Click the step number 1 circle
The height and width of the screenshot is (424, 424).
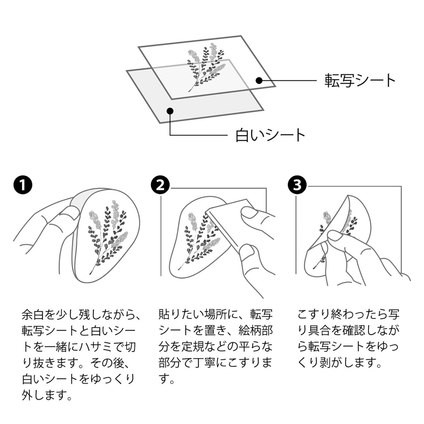pyautogui.click(x=23, y=185)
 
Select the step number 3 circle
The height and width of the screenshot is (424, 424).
pyautogui.click(x=297, y=185)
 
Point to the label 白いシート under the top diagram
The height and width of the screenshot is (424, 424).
pyautogui.click(x=270, y=135)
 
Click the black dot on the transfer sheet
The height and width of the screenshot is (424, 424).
pyautogui.click(x=259, y=81)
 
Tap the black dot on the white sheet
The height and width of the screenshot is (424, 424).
pyautogui.click(x=170, y=111)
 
